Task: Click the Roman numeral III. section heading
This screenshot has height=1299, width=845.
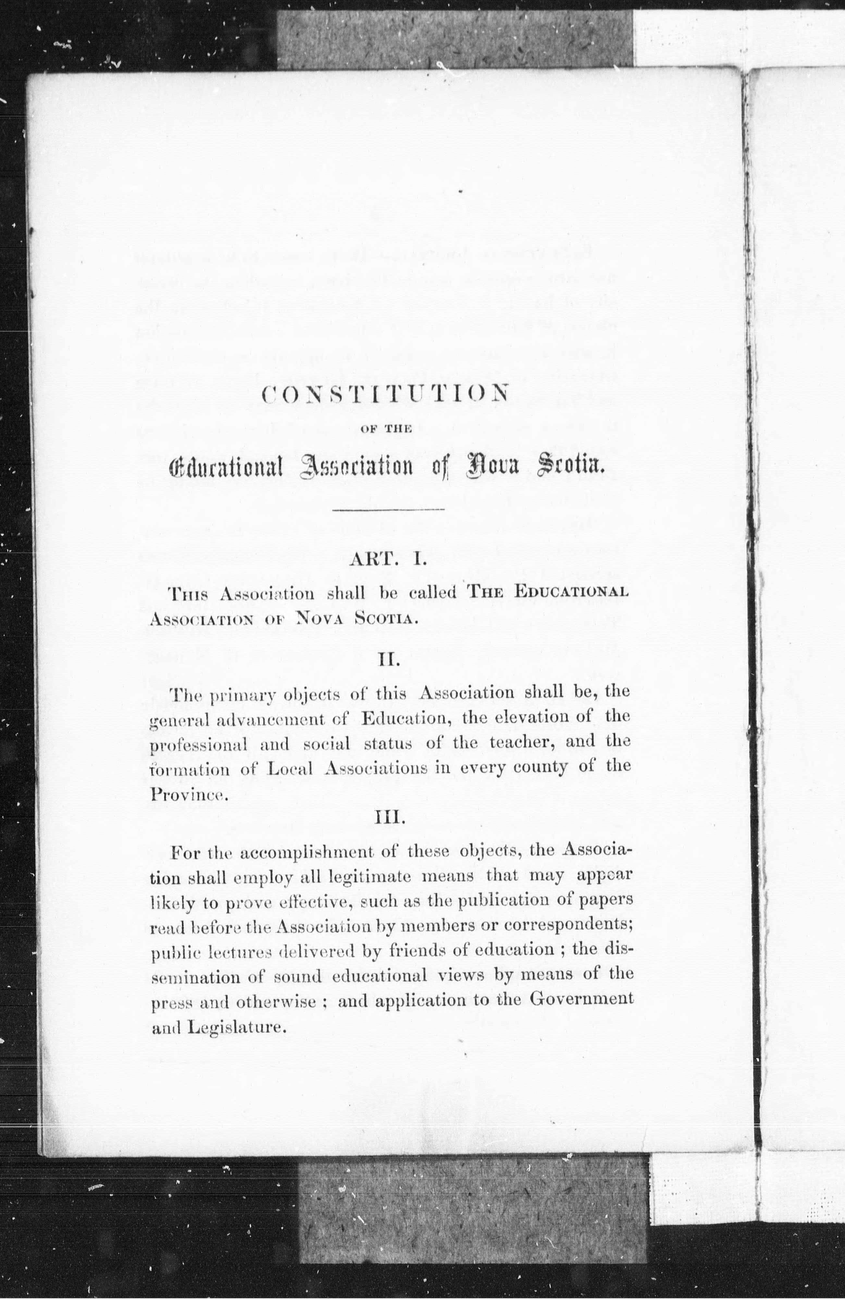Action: [x=389, y=818]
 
